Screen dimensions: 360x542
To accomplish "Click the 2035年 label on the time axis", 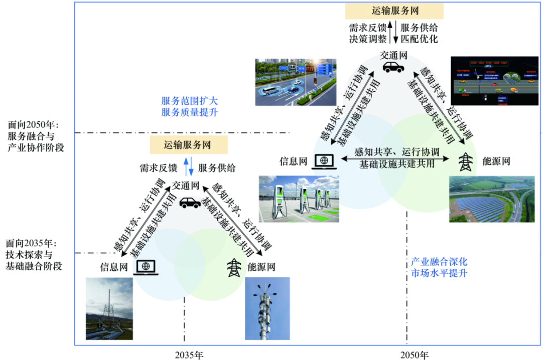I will coord(189,355).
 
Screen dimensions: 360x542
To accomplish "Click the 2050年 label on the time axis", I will coord(415,355).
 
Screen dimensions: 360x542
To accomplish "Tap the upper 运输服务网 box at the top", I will coord(395,11).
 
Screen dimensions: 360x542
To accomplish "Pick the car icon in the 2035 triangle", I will coord(190,202).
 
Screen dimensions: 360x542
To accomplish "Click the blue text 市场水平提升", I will coord(439,273).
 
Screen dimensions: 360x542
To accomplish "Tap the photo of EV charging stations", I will coord(298,198).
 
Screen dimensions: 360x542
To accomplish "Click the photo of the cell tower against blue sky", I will coord(267,309).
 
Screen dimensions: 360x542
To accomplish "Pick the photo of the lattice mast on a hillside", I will coord(109,309).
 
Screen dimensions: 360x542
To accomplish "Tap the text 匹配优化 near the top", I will coord(420,38).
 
